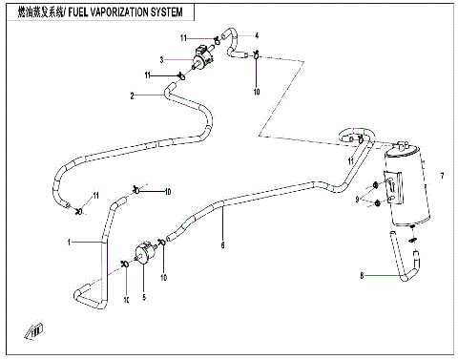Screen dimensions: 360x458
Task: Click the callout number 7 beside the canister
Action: pyautogui.click(x=442, y=177)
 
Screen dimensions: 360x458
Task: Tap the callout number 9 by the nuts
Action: pyautogui.click(x=358, y=200)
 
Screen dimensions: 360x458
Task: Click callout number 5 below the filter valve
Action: pyautogui.click(x=144, y=296)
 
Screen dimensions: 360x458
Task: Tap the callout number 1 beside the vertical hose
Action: pyautogui.click(x=69, y=243)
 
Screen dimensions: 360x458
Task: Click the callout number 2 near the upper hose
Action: pyautogui.click(x=133, y=95)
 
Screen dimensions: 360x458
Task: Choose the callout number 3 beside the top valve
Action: pyautogui.click(x=162, y=60)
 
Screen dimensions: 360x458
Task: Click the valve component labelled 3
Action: pyautogui.click(x=200, y=60)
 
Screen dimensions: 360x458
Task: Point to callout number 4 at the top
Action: pyautogui.click(x=256, y=35)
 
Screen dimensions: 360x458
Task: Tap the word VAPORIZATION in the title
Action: pyautogui.click(x=113, y=14)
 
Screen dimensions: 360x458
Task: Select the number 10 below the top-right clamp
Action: pyautogui.click(x=256, y=92)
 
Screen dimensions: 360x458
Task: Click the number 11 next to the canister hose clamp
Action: pyautogui.click(x=351, y=162)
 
